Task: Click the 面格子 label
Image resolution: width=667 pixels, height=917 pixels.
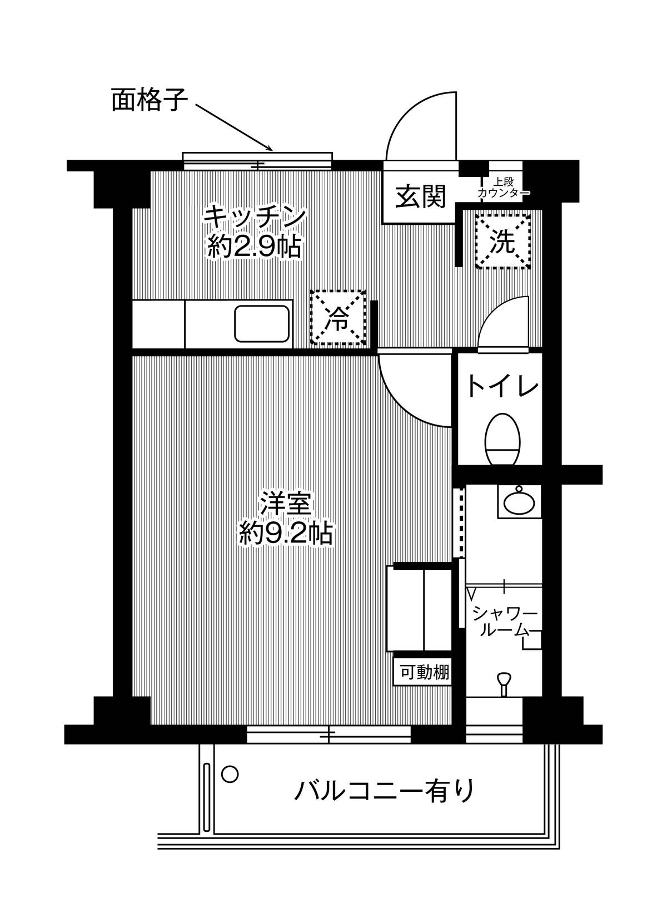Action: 150,101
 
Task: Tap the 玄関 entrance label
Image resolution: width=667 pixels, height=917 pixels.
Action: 420,196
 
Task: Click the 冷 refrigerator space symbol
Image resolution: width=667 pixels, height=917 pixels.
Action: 338,317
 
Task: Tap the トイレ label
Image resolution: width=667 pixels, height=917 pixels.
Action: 502,386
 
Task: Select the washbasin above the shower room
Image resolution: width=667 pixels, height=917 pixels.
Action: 519,501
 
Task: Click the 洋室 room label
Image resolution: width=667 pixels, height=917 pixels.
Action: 287,504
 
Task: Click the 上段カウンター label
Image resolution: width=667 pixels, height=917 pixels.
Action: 504,187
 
